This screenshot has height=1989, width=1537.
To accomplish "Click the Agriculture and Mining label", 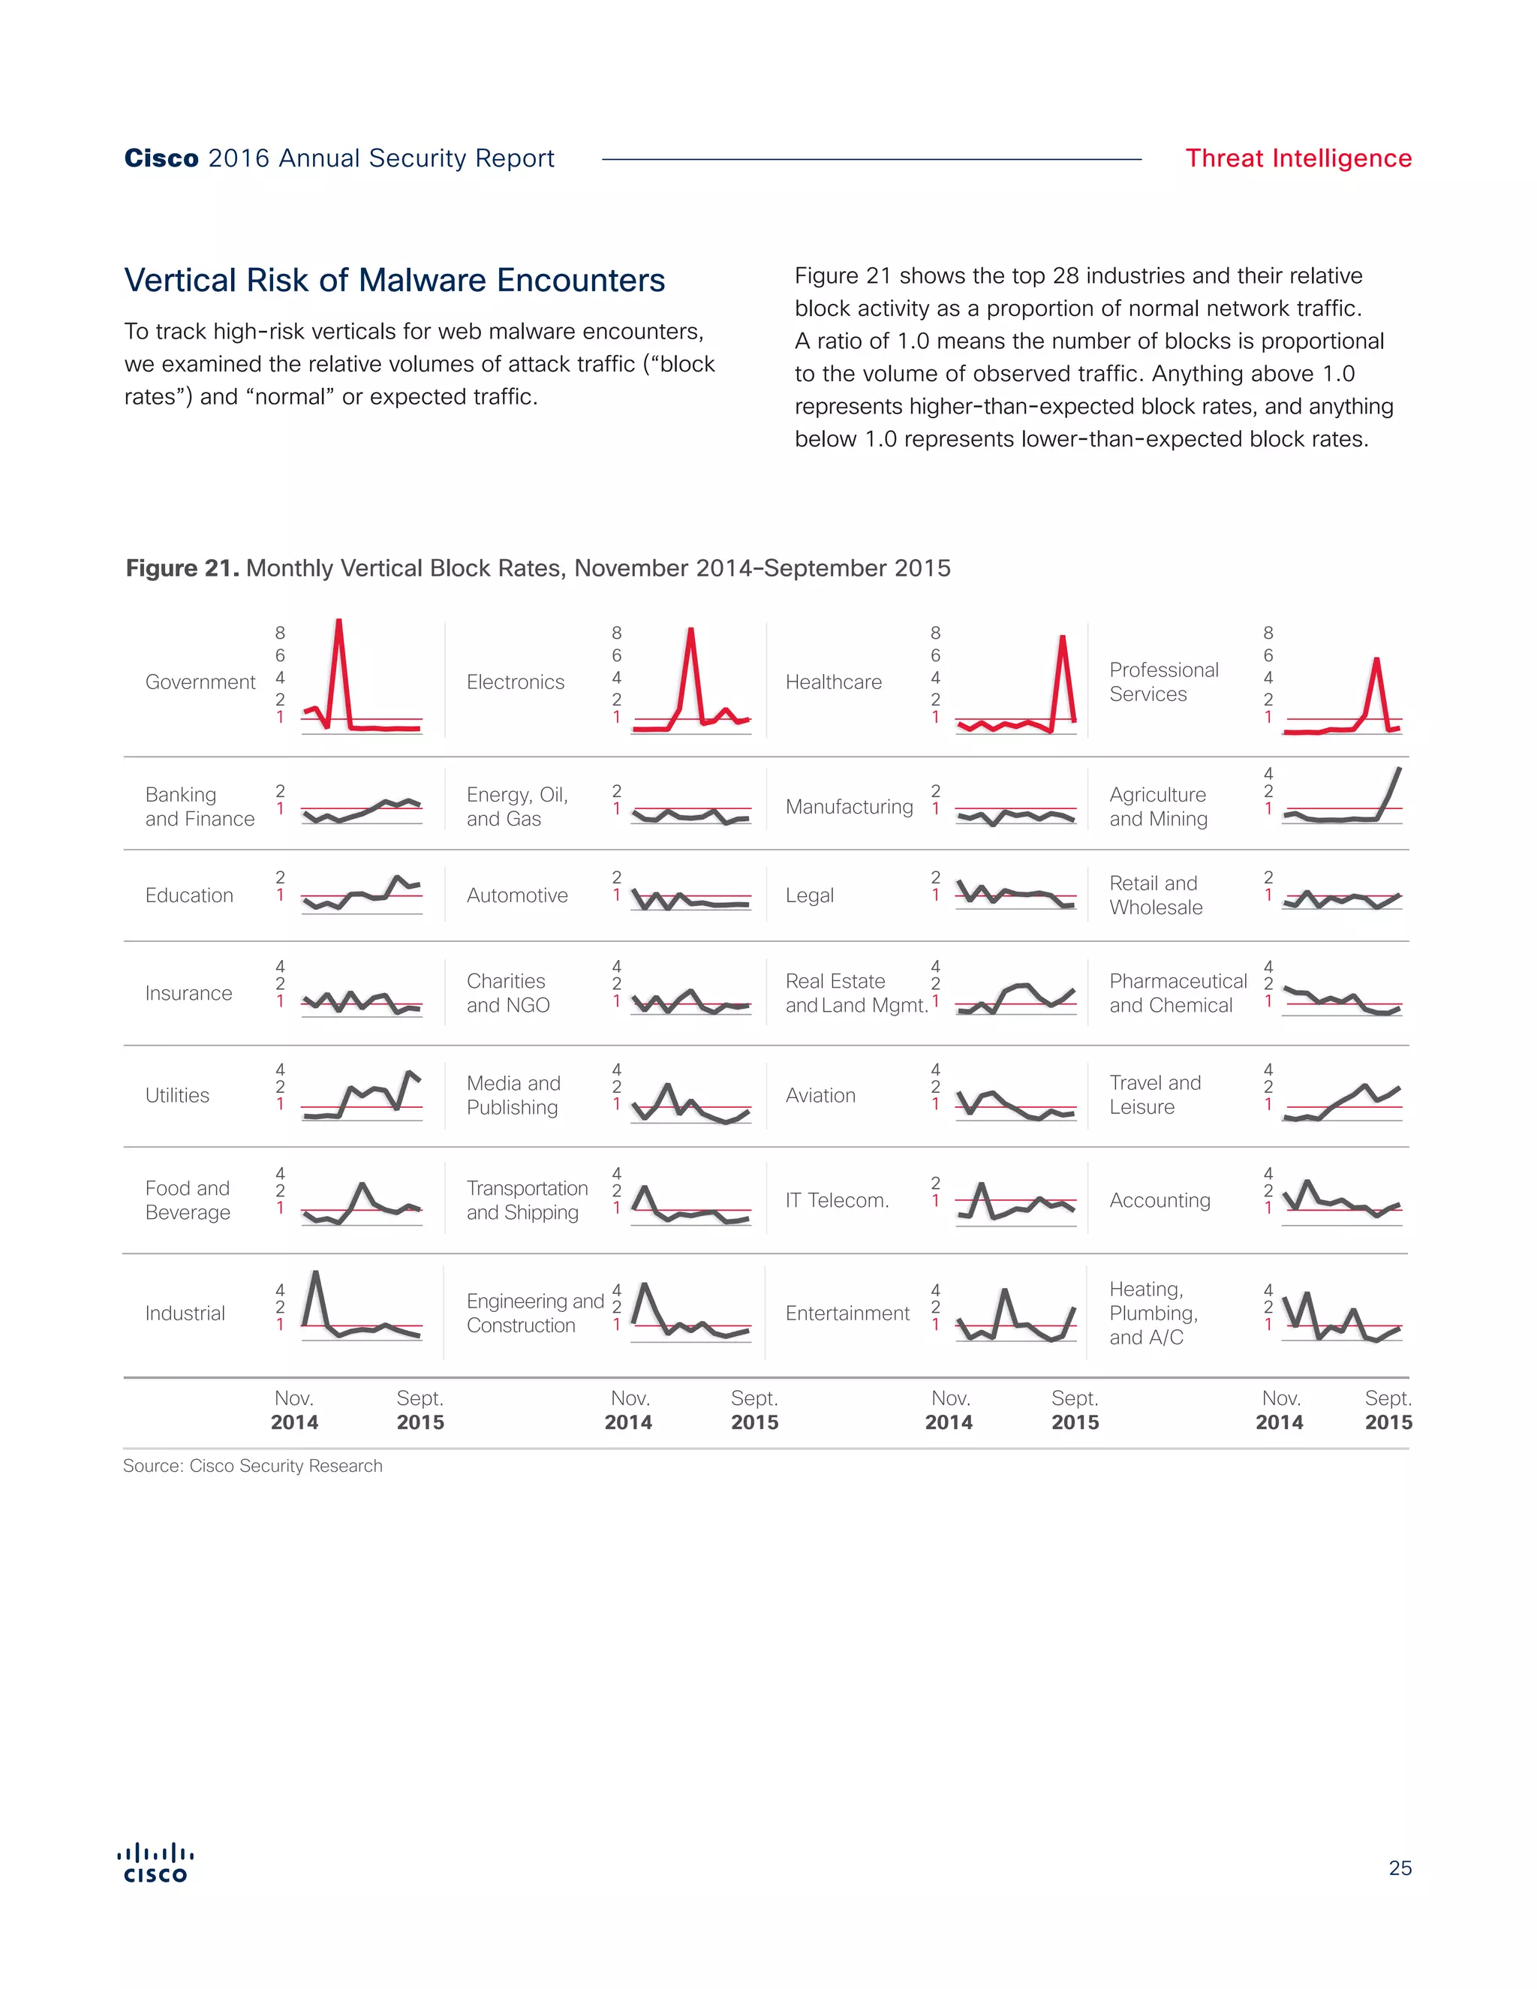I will [1157, 806].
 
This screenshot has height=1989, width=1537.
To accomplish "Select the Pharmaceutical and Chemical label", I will [1178, 993].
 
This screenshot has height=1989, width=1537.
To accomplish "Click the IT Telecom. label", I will [837, 1199].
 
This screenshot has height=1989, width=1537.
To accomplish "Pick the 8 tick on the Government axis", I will [279, 632].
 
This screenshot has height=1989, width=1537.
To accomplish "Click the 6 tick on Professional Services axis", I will [1268, 654].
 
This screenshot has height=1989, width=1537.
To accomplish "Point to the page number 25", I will [1400, 1868].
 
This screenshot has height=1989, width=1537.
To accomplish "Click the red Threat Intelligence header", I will [1298, 158].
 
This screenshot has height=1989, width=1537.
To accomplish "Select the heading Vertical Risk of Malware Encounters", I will [394, 280].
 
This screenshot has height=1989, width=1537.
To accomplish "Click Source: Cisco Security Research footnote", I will [252, 1465].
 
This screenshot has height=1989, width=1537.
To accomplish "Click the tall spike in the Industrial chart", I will [315, 1273].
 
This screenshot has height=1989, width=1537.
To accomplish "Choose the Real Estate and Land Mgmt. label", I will [856, 993].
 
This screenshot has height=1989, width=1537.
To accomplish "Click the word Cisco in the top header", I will [161, 158].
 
